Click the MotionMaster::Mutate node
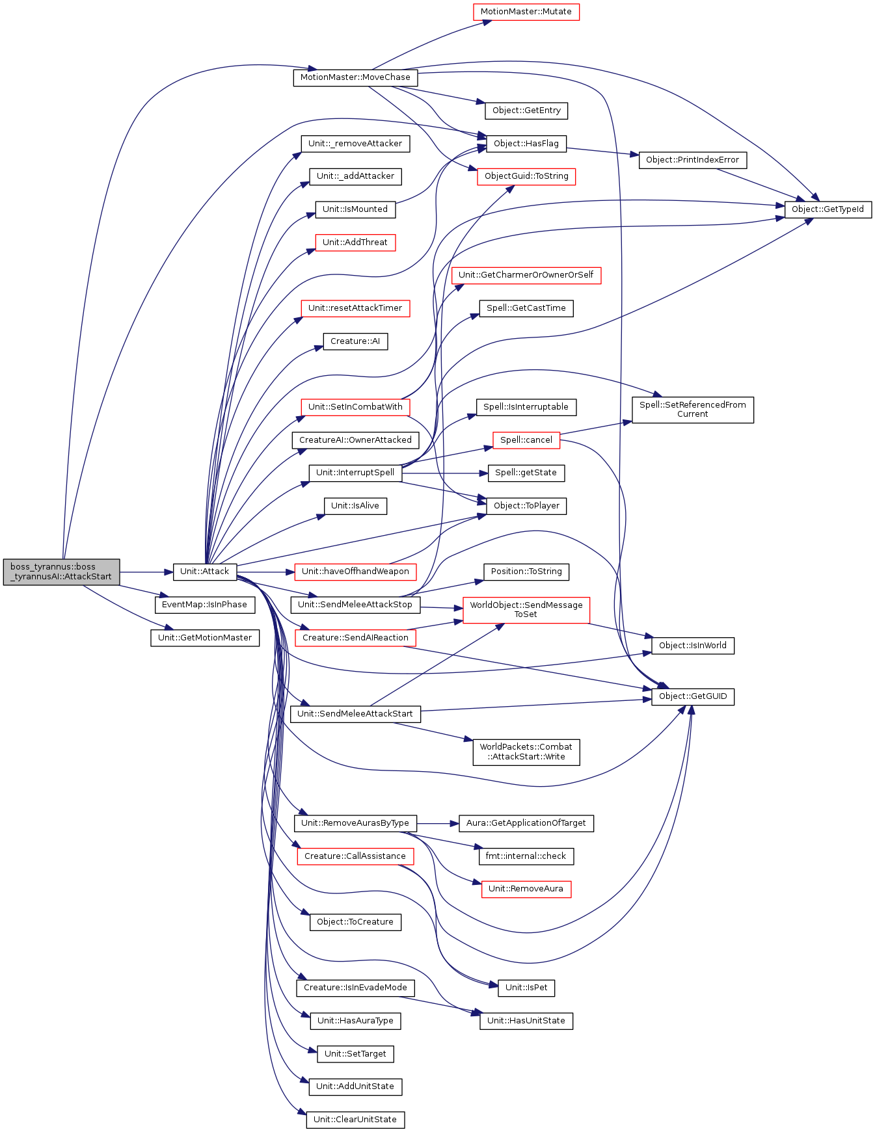(526, 12)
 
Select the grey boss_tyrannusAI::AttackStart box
(61, 572)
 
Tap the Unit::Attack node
(205, 572)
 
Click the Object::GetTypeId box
(828, 209)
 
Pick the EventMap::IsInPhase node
(204, 605)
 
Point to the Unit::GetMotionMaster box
(205, 638)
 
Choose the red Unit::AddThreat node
(355, 243)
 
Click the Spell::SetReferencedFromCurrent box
(693, 410)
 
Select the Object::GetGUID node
(693, 696)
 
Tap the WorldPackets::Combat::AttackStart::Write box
(526, 752)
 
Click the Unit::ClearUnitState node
(355, 1120)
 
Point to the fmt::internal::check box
(526, 856)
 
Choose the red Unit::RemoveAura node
(526, 889)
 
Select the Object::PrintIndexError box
(693, 160)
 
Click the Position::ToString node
(526, 572)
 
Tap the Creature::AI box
(355, 341)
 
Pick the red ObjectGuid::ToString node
(526, 176)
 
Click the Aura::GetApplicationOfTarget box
(526, 823)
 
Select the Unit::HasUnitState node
(526, 1021)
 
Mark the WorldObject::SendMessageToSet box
(526, 610)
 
